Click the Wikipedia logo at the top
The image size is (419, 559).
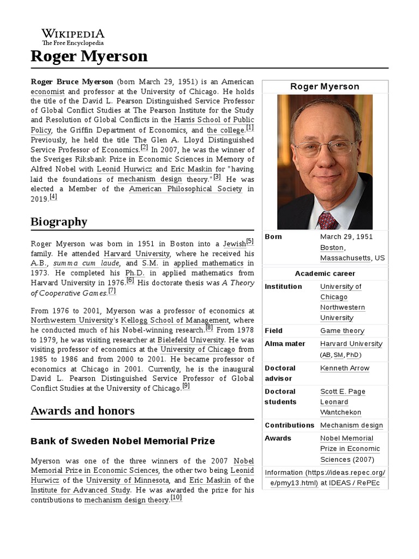[x=73, y=37]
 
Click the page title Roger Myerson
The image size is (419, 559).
[x=89, y=56]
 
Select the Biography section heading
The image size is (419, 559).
[x=59, y=221]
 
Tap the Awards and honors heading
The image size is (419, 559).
[x=82, y=411]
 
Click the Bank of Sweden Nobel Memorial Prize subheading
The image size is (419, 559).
[x=123, y=441]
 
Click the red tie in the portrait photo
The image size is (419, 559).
[x=327, y=219]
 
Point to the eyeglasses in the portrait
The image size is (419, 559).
[x=324, y=147]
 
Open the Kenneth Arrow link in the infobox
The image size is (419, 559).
[x=344, y=368]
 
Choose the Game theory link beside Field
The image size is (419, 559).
[x=342, y=331]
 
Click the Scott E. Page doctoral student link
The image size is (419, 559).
[x=343, y=391]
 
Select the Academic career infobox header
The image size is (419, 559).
[x=325, y=273]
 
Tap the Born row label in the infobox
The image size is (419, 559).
[x=273, y=237]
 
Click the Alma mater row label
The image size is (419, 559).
[x=285, y=344]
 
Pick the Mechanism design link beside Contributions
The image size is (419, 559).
[x=351, y=425]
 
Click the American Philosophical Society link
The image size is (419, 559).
[x=185, y=189]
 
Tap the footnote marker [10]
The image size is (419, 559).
[x=176, y=498]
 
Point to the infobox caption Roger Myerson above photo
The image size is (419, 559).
[x=325, y=87]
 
